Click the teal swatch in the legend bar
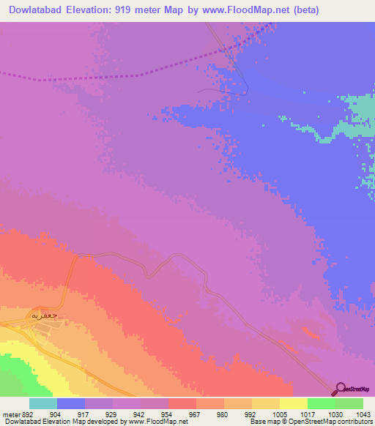42,403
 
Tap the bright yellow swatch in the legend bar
293,403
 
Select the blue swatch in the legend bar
70,403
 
